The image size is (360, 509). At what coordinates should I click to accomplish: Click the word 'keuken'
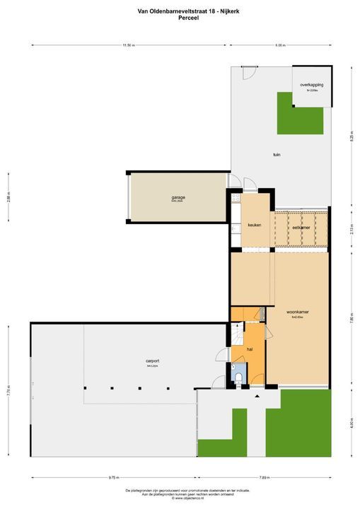click(x=255, y=225)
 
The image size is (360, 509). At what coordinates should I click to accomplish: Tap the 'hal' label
click(x=250, y=349)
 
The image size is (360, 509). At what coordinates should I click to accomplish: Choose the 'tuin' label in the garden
click(x=277, y=154)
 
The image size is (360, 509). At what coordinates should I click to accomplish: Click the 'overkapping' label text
click(x=311, y=85)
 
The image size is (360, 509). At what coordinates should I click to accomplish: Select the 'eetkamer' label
click(x=301, y=228)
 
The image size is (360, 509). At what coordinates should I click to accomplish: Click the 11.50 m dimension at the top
click(x=128, y=45)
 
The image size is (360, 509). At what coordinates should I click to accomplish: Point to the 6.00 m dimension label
click(x=280, y=45)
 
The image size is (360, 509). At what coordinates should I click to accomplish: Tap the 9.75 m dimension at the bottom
click(x=113, y=478)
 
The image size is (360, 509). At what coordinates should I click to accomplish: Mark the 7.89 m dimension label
click(x=263, y=478)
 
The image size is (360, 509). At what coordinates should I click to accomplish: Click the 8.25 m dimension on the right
click(x=351, y=138)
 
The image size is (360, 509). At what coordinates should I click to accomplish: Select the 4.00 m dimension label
click(x=351, y=423)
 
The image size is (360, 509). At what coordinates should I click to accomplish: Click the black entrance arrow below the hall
click(x=257, y=396)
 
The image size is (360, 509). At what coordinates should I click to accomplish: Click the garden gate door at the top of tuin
click(x=246, y=73)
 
